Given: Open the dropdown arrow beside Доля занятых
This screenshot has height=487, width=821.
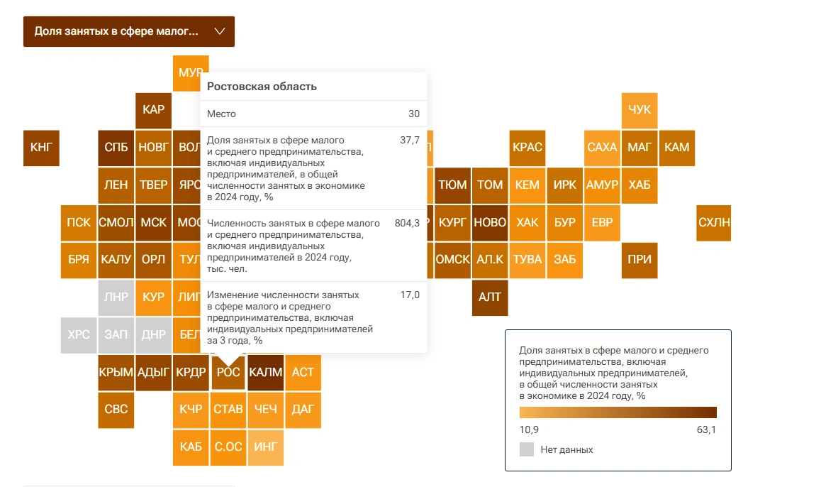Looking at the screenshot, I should [219, 31].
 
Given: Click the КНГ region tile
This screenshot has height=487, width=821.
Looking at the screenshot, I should [41, 148].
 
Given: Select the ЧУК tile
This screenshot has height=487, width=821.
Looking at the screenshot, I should [639, 110].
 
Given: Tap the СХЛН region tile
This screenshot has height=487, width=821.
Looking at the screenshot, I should [713, 222].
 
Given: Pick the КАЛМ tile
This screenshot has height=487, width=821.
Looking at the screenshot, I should [266, 372].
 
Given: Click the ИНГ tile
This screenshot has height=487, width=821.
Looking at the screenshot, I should [266, 447].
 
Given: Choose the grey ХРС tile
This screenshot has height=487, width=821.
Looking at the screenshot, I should [79, 334].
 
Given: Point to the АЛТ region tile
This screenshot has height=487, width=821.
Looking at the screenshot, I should [490, 297].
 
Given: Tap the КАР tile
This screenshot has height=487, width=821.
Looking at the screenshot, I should [153, 110].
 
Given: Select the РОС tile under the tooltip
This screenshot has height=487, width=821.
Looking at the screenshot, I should [228, 372].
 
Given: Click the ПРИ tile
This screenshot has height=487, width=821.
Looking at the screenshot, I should [639, 260].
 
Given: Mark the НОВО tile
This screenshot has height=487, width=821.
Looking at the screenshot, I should [490, 222].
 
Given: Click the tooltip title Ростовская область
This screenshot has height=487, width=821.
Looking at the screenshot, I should [262, 87].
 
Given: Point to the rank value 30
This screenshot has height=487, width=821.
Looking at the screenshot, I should [413, 114].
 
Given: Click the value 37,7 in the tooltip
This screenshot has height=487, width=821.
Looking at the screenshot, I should [410, 141].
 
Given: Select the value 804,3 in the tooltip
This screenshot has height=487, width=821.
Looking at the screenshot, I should [407, 223].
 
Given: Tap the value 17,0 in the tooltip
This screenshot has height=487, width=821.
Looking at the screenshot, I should [410, 295].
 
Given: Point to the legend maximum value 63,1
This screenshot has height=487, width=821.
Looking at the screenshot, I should [706, 430].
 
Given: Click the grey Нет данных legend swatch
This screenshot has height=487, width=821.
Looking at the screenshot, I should [527, 449].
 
